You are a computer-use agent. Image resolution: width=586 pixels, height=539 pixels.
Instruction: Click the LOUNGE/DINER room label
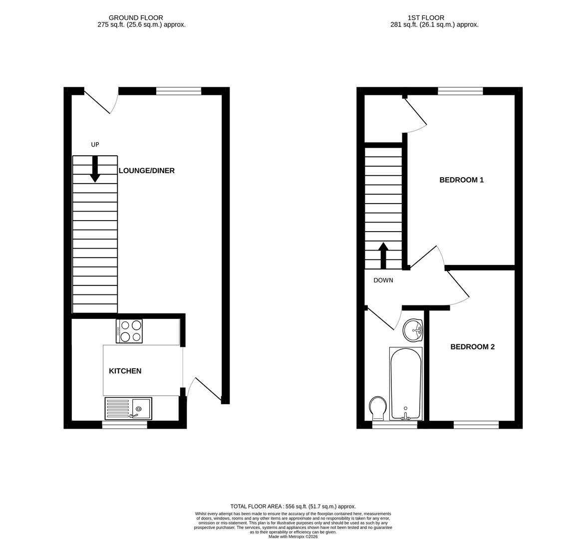146,171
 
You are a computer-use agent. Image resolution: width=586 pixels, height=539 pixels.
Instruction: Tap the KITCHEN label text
125,371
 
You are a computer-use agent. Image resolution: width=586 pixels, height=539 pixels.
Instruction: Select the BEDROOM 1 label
461,180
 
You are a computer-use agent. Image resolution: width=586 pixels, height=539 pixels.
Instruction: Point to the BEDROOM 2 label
472,346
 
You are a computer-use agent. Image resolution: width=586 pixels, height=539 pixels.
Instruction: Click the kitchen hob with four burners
129,331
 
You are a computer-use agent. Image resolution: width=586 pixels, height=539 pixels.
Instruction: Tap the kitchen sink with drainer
128,408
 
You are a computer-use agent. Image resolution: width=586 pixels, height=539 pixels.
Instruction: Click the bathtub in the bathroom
406,383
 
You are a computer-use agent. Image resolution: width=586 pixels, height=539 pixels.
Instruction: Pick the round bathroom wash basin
413,330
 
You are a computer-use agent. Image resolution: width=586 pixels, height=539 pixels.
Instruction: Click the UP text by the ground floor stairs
95,145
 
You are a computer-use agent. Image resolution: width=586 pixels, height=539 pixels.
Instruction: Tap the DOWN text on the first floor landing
383,280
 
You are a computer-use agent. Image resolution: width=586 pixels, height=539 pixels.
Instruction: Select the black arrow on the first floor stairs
383,256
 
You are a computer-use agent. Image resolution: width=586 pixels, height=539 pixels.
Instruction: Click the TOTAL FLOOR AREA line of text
293,506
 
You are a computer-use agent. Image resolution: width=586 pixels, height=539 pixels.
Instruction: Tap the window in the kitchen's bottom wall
125,425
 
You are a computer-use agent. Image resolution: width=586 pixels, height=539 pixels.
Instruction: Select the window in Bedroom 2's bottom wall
476,425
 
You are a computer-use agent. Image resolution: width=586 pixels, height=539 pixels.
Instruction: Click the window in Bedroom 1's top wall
460,91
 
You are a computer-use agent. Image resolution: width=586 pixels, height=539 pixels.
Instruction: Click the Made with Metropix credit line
293,537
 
